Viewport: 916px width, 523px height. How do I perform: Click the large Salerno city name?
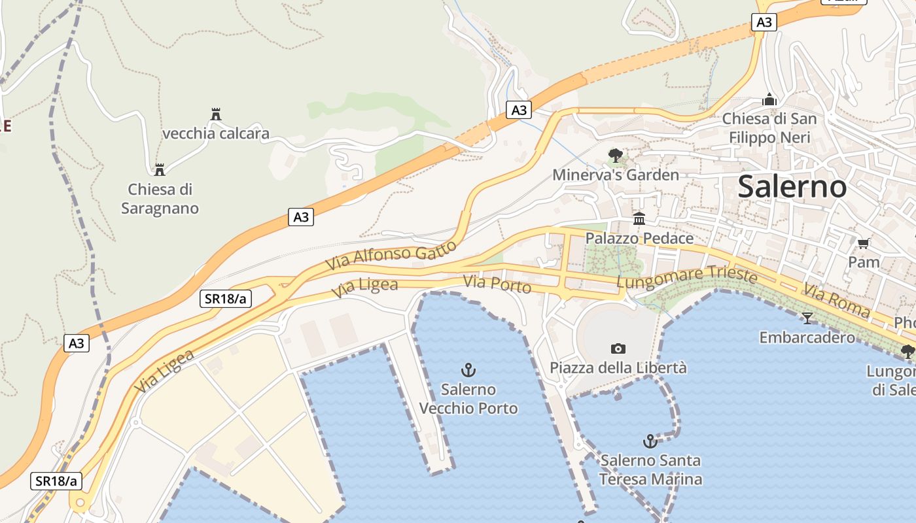792,187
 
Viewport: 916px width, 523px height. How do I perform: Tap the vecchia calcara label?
215,134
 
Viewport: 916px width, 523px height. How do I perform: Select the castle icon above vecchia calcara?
216,114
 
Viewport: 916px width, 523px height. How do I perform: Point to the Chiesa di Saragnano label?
160,199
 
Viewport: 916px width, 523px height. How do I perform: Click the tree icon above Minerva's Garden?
615,156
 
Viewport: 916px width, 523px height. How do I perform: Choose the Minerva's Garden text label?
616,175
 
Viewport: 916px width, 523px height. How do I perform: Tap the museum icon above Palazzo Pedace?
639,219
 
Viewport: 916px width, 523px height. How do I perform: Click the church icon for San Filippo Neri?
769,100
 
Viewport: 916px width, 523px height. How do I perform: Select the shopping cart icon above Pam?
863,244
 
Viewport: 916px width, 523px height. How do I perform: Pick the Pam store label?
864,262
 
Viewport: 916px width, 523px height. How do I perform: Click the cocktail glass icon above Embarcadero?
807,318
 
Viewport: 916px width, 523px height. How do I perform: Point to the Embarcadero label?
807,337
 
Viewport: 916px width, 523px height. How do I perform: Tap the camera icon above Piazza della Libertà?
618,348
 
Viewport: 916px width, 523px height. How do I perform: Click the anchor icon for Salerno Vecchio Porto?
468,370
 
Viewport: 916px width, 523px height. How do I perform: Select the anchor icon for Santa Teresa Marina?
650,441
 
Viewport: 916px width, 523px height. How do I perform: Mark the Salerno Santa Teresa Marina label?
650,469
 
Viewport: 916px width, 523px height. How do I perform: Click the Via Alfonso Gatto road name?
390,256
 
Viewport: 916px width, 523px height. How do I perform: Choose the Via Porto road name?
497,284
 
